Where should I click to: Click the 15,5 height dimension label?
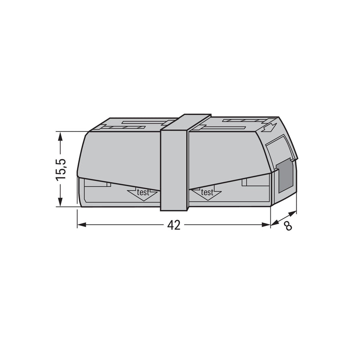61,169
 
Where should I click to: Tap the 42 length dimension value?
174,225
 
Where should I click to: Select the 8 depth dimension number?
288,227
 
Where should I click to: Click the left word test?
143,193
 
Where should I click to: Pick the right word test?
207,193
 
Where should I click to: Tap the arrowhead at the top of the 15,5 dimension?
60,137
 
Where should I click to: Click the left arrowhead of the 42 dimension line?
81,225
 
